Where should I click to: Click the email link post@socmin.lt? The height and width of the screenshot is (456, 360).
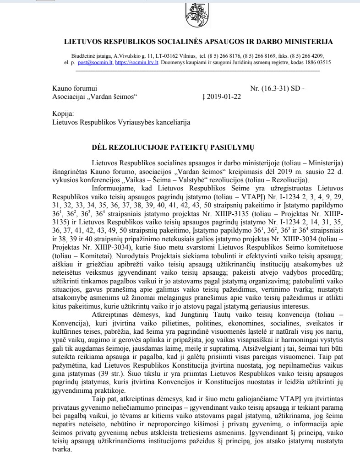point(92,63)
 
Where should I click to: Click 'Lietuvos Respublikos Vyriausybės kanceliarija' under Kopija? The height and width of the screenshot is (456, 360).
point(121,123)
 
